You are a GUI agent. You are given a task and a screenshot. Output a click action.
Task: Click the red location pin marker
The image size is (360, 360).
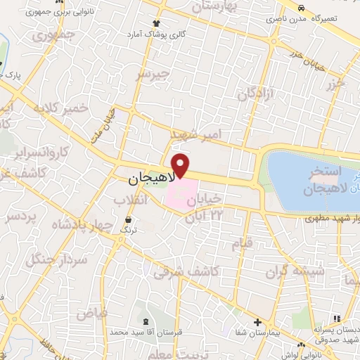click(x=181, y=165)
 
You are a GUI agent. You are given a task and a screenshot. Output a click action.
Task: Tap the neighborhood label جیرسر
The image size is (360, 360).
click(x=153, y=73)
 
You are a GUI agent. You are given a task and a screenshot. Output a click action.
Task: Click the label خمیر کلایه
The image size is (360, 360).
click(x=61, y=108)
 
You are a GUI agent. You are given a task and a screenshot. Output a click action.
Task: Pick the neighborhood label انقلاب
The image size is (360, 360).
click(x=131, y=200)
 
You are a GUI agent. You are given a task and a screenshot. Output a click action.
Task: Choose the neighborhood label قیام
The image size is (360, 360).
click(x=243, y=244)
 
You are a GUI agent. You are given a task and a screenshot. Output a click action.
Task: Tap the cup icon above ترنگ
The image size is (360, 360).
click(x=127, y=219)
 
